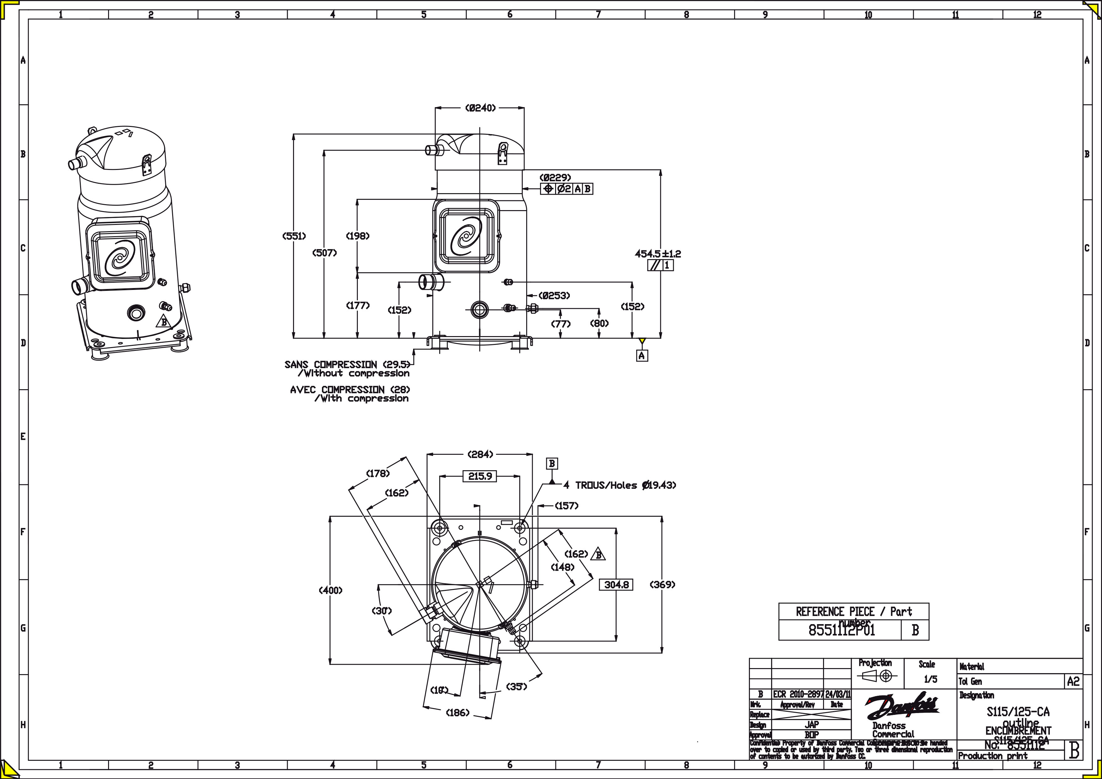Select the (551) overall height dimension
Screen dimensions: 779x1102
pos(294,236)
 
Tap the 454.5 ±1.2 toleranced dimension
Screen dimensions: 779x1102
pos(657,253)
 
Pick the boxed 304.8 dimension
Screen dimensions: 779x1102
pos(616,585)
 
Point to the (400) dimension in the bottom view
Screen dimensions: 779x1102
pos(331,590)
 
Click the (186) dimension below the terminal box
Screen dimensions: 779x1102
pos(457,713)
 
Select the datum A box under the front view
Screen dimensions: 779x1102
pos(642,356)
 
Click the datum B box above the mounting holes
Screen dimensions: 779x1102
pos(552,464)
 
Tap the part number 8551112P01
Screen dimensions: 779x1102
pos(842,630)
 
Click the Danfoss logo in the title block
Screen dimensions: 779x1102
pos(902,705)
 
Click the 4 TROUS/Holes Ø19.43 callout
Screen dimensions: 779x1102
pos(619,485)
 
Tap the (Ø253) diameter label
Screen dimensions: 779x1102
pos(554,296)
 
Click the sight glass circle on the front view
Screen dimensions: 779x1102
pos(478,310)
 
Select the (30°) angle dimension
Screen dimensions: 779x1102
pos(382,611)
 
